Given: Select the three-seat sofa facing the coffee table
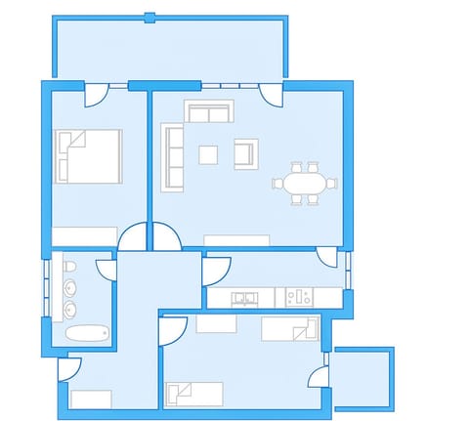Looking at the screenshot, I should point(174,156).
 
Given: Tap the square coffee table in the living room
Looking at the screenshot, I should point(208,153).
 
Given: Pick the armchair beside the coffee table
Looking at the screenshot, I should point(244,152).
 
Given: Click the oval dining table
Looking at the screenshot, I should point(304,182).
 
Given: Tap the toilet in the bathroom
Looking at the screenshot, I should point(70,267).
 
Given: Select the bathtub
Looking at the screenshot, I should point(86,333).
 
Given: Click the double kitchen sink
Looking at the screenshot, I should point(244,296).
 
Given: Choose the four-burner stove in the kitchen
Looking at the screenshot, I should point(298,296).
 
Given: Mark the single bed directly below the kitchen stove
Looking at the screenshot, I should point(290,328).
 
